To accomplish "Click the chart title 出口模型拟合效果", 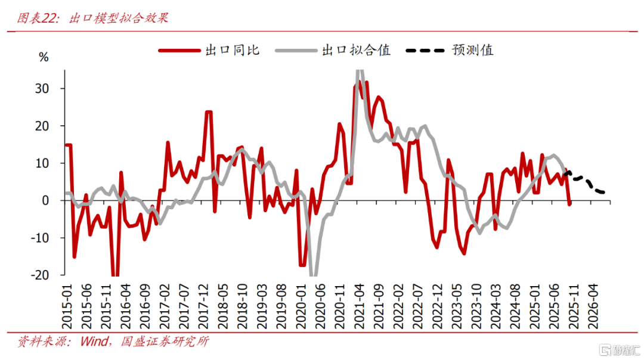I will (119, 18).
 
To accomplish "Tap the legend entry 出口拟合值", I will (356, 50).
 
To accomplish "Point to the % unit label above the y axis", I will (44, 57).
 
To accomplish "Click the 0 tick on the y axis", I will (53, 201).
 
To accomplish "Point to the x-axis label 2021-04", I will (360, 304).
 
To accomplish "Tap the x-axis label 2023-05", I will (457, 304).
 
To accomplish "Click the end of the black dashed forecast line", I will (603, 192).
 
